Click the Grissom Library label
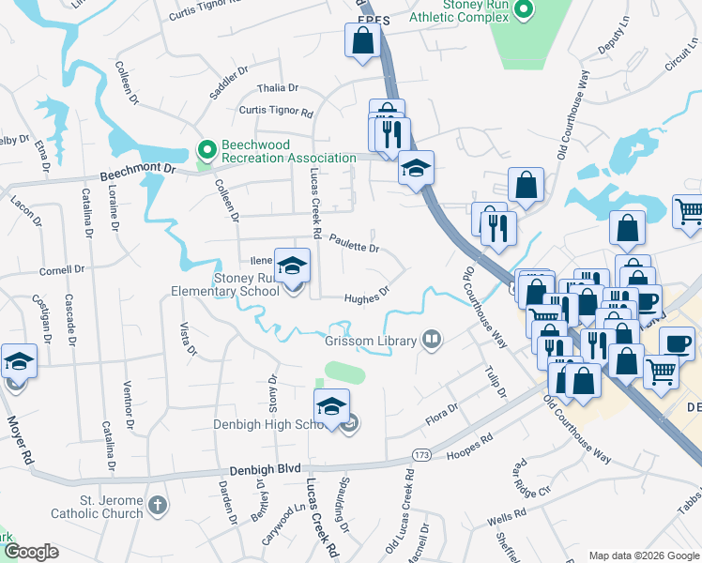(371, 341)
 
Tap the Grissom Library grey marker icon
(432, 339)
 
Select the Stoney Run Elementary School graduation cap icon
(292, 266)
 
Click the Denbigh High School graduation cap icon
(331, 405)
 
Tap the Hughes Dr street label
(366, 297)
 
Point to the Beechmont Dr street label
(137, 169)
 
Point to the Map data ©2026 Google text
(643, 555)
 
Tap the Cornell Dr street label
(62, 270)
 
